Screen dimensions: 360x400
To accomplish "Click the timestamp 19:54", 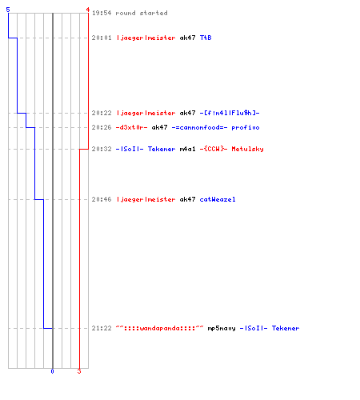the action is point(102,13).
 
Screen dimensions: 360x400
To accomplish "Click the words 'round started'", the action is point(142,13).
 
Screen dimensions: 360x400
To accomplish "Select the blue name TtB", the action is point(206,38).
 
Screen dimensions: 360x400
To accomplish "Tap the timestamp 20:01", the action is point(102,38).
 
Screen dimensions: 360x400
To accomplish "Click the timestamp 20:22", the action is point(102,113).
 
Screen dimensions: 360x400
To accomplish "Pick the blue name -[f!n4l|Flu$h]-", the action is point(230,113).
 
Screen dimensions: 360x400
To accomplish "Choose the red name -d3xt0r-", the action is point(131,127).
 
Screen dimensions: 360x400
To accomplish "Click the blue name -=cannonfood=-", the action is point(199,127).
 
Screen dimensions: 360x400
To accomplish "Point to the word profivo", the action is point(246,128).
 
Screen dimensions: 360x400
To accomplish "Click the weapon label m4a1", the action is point(187,149).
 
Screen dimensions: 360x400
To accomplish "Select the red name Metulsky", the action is point(247,149).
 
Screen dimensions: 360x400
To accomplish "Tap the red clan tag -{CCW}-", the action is point(214,149).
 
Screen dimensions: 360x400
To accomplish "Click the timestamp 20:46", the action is point(102,199).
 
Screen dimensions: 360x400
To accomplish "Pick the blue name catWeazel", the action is point(218,199).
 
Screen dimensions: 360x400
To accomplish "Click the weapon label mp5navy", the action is point(222,328).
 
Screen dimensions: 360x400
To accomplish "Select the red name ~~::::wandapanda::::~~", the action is point(159,328).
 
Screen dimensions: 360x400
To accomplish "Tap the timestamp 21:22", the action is point(102,328).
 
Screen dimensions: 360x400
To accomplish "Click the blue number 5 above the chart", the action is point(8,10).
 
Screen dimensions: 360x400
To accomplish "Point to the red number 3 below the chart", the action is point(79,371).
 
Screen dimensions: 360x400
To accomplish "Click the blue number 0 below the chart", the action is point(52,371).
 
